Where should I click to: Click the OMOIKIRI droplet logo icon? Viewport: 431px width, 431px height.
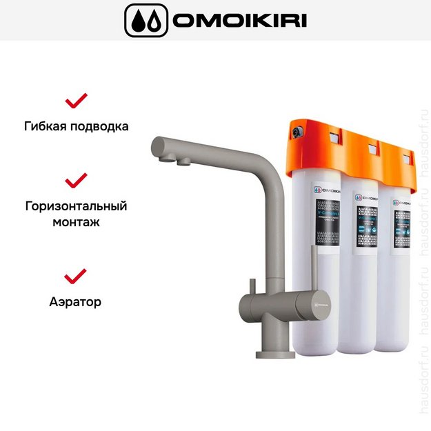[146, 20]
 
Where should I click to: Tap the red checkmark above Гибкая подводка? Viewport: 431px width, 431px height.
[76, 101]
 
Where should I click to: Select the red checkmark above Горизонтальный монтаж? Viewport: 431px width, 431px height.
[76, 181]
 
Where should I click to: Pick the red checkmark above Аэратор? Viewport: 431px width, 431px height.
[76, 276]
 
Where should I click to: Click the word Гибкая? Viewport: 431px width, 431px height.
[46, 127]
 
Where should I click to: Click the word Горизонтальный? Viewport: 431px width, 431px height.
[76, 206]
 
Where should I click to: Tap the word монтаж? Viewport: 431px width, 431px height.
[76, 223]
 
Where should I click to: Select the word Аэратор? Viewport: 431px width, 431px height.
[76, 302]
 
